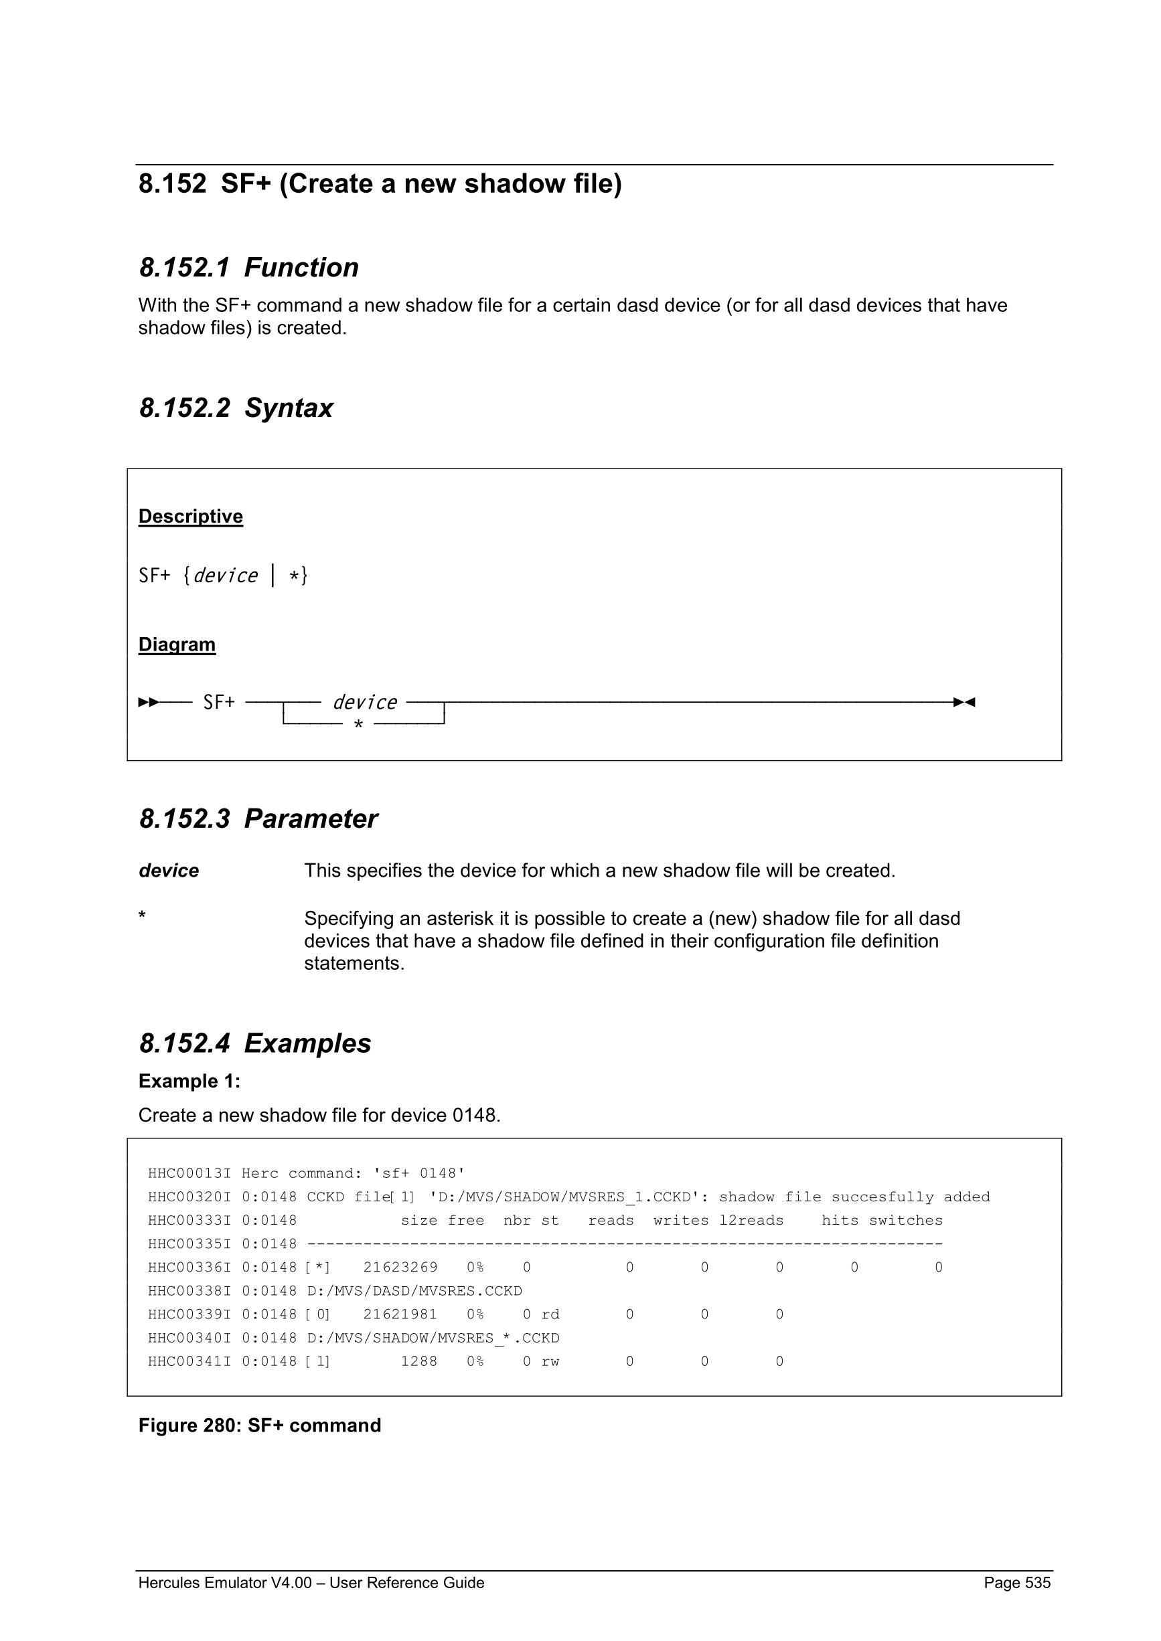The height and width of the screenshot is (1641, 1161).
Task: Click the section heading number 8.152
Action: click(x=171, y=183)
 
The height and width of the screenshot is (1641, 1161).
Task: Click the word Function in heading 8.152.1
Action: click(x=301, y=267)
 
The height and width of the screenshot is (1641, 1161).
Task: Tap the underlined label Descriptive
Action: click(x=190, y=516)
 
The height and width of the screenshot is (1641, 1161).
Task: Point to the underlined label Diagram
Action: click(x=177, y=644)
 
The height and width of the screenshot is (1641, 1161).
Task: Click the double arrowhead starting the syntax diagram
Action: click(x=148, y=703)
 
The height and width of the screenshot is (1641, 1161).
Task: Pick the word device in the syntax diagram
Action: click(x=365, y=703)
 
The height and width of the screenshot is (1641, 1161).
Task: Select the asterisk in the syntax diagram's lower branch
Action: click(x=358, y=725)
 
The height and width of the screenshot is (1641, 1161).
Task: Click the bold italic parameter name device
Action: click(x=169, y=871)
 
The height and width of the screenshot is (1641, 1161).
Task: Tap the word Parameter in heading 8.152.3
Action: click(x=310, y=819)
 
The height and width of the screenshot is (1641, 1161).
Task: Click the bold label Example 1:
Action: click(x=189, y=1082)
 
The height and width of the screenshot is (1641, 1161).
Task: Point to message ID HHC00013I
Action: click(x=189, y=1174)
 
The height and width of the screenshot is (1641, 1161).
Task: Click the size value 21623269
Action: click(x=400, y=1267)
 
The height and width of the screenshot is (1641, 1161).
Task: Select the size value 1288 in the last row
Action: click(x=419, y=1361)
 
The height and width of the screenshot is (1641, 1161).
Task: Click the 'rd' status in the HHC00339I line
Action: click(x=550, y=1314)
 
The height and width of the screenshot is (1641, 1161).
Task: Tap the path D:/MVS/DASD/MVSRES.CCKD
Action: click(x=414, y=1291)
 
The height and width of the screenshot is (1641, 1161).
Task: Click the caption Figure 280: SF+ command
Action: click(x=260, y=1426)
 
